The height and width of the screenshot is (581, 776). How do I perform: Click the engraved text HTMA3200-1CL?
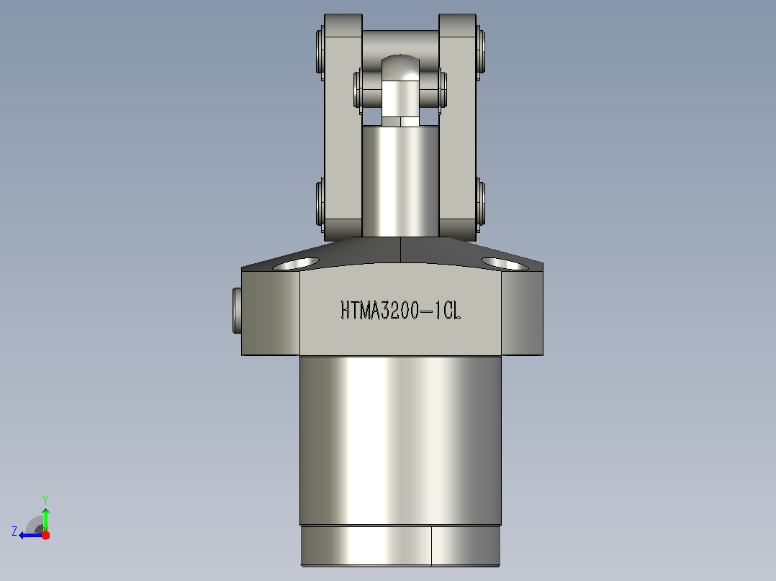pos(401,311)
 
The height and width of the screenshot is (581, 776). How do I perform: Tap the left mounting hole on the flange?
pos(296,264)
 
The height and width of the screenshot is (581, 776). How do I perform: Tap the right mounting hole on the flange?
pos(505,264)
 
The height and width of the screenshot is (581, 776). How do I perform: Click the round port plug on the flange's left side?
pos(237,311)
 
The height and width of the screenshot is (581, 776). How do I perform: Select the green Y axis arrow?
pos(45,520)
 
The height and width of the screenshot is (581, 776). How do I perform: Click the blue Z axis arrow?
pos(31,535)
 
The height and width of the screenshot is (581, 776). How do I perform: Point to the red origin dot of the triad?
pos(45,535)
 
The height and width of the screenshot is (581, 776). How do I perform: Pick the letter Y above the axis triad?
pos(45,500)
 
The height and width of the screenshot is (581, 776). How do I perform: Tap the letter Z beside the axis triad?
pos(14,531)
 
